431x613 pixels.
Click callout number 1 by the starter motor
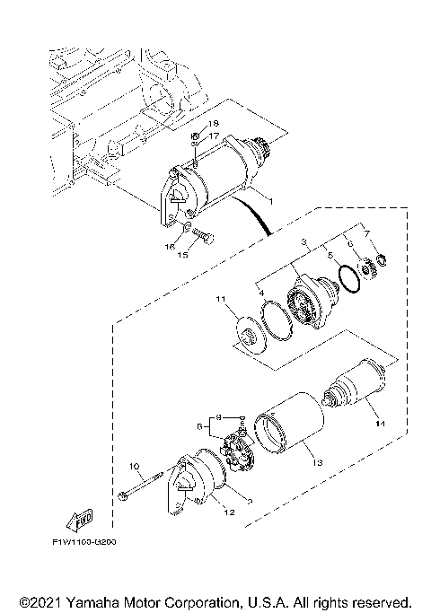coord(258,195)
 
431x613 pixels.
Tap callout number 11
coord(218,297)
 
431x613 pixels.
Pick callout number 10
coord(134,466)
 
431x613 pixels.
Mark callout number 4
coord(261,292)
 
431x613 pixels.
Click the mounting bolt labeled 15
coord(198,239)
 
